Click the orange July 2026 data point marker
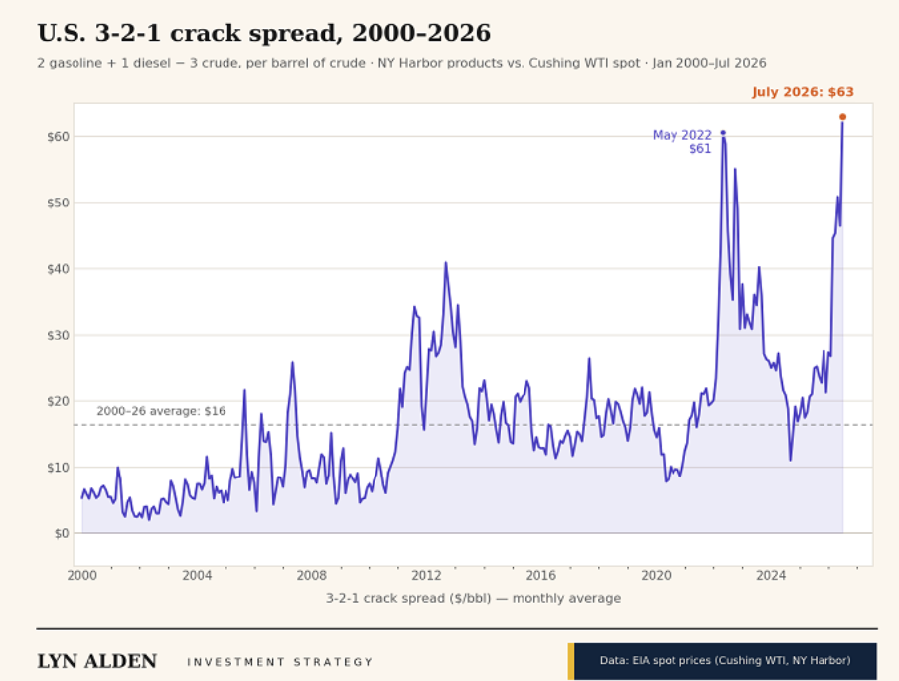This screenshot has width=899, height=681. click(842, 117)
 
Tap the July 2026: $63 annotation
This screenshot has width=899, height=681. click(803, 92)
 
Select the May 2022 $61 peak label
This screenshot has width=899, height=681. click(682, 142)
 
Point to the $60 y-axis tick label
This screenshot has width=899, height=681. click(58, 136)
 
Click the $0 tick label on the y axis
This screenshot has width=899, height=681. click(62, 533)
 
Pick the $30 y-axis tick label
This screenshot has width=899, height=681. click(58, 336)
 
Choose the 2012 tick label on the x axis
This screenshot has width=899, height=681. click(426, 575)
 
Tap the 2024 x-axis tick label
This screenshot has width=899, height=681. click(771, 575)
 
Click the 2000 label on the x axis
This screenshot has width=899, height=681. click(82, 575)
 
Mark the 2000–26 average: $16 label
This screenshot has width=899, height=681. click(161, 411)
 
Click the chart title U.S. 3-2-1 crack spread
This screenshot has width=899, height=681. click(263, 33)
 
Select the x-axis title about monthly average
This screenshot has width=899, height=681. click(473, 598)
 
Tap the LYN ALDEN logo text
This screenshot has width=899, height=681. click(97, 661)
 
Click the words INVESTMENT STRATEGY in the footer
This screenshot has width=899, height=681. click(280, 662)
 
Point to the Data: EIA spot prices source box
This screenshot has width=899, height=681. click(725, 661)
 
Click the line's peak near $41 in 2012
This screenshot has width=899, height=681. click(445, 263)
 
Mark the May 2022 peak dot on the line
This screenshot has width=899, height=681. click(723, 133)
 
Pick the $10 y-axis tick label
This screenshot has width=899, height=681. click(58, 468)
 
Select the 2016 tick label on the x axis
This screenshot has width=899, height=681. click(541, 575)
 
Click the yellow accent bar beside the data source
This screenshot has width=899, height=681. click(571, 661)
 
